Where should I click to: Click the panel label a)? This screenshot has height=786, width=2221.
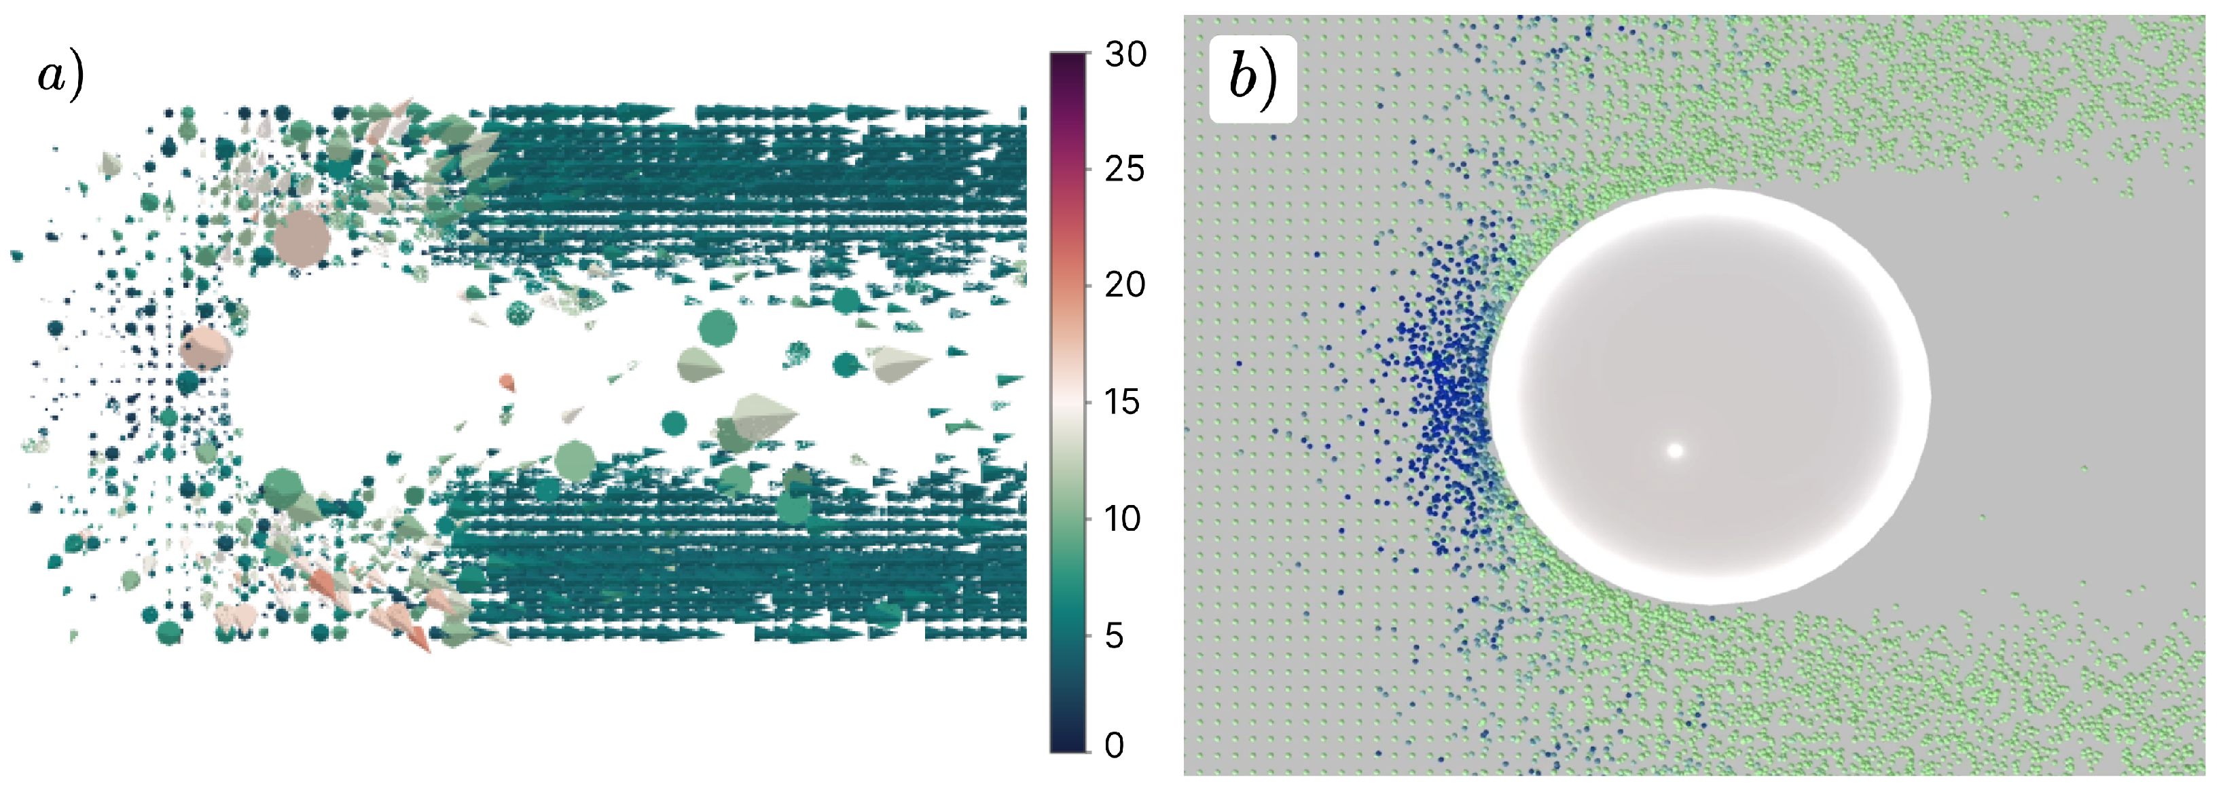pyautogui.click(x=60, y=75)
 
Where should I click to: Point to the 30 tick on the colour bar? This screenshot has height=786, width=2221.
pyautogui.click(x=1125, y=54)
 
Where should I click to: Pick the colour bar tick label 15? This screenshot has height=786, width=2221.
pyautogui.click(x=1123, y=402)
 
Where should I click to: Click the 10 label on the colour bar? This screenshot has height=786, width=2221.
pyautogui.click(x=1123, y=519)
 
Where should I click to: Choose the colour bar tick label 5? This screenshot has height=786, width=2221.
pyautogui.click(x=1114, y=636)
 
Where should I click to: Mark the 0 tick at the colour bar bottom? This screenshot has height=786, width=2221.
pyautogui.click(x=1114, y=745)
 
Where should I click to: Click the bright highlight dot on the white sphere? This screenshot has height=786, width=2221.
pyautogui.click(x=1675, y=451)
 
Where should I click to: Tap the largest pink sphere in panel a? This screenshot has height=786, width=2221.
pyautogui.click(x=301, y=234)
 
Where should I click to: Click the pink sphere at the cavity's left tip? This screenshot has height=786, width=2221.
pyautogui.click(x=206, y=348)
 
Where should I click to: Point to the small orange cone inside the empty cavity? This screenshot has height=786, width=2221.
pyautogui.click(x=507, y=381)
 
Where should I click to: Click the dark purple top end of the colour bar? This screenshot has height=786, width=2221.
pyautogui.click(x=1068, y=64)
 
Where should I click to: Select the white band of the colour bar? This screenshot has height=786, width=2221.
pyautogui.click(x=1068, y=403)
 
